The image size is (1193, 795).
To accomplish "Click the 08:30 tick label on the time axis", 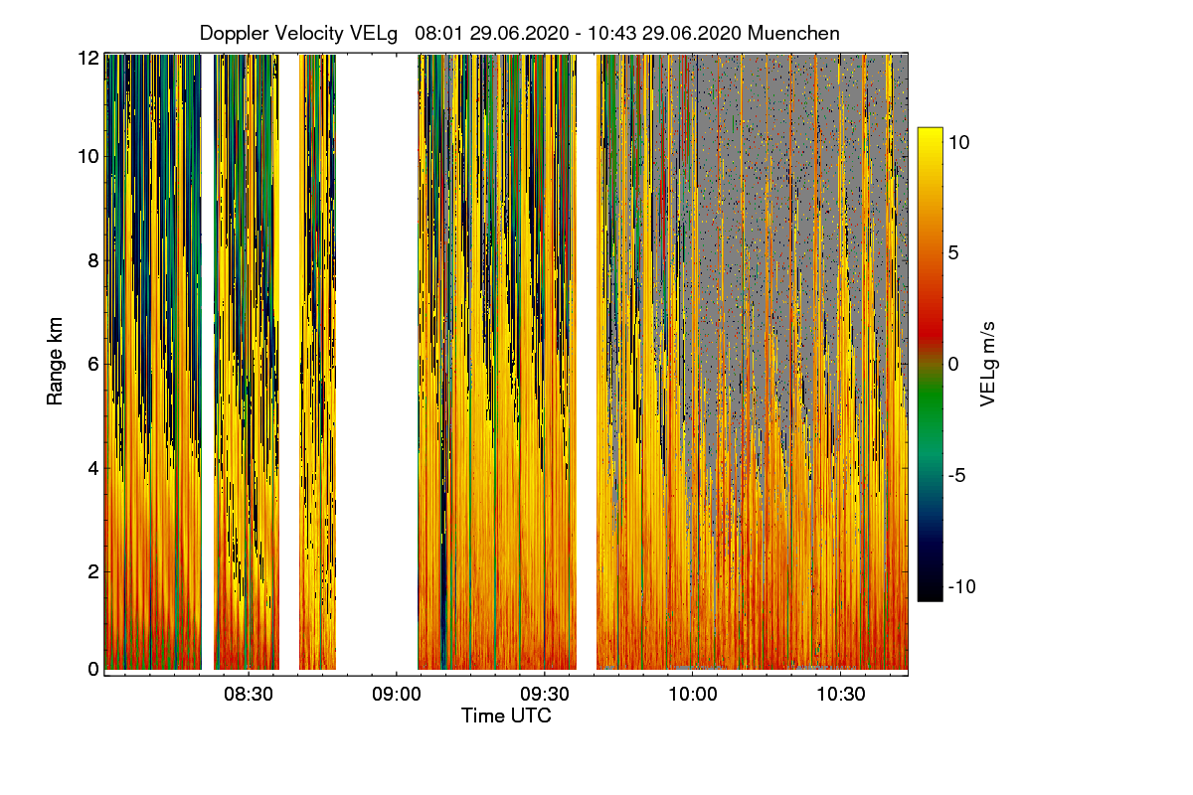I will [x=248, y=693].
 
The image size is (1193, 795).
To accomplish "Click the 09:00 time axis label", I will [x=396, y=693].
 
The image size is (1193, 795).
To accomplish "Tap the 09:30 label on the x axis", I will [x=545, y=693].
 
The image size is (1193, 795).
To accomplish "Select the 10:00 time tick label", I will [x=693, y=693].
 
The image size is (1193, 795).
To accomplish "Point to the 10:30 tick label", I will [x=841, y=693].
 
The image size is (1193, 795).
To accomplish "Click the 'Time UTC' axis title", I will [x=506, y=715].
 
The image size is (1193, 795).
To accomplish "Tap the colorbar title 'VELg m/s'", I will [x=987, y=363].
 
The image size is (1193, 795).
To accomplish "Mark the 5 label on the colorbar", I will [x=953, y=252].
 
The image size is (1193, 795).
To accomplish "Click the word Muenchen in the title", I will [x=793, y=33].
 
